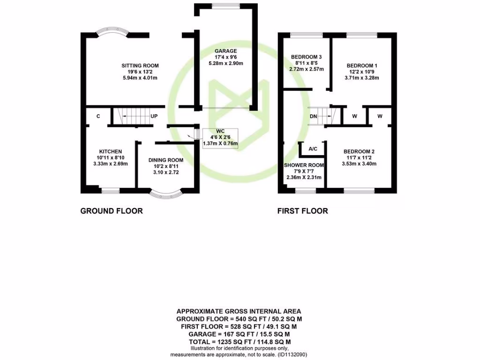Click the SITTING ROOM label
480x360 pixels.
point(140,65)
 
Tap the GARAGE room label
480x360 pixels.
point(225,51)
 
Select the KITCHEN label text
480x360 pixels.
point(110,151)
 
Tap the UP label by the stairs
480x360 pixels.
point(153,116)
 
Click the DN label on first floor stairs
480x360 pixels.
point(314,116)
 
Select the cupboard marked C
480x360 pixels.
point(98,116)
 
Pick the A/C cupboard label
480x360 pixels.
point(313,150)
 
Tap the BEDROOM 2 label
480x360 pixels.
point(359,151)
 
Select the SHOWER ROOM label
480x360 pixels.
point(304,165)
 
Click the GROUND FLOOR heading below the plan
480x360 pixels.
point(112,211)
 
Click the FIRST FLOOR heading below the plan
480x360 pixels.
point(302,211)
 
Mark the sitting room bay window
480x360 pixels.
point(112,33)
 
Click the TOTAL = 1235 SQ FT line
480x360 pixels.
point(239,341)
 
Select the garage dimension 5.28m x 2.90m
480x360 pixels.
point(225,63)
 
